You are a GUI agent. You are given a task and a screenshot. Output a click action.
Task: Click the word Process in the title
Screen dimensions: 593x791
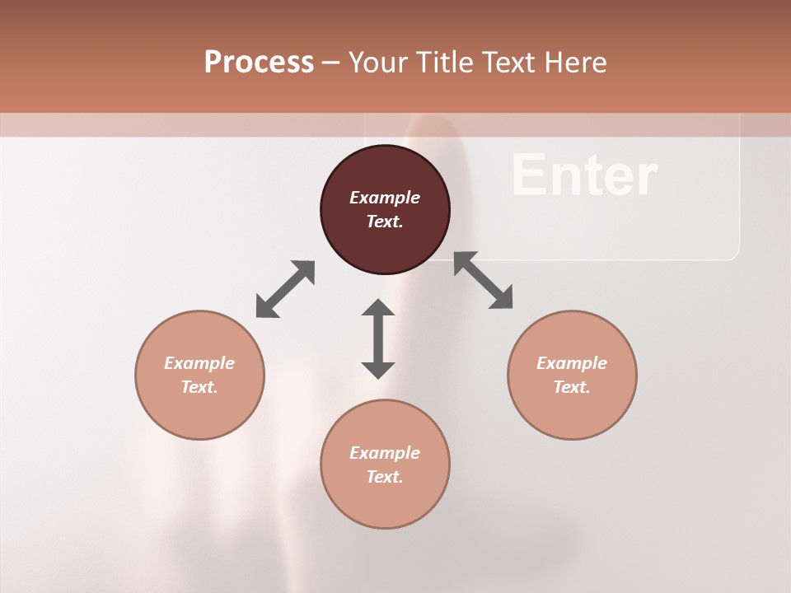[x=259, y=63]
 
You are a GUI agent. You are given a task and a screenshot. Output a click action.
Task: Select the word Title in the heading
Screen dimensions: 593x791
[x=442, y=63]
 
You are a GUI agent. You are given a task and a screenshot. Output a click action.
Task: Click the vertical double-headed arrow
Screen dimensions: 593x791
[x=378, y=339]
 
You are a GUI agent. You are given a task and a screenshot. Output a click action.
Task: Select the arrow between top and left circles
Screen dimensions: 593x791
[x=285, y=289]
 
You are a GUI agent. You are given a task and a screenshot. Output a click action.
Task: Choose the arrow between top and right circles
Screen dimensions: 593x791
[x=484, y=280]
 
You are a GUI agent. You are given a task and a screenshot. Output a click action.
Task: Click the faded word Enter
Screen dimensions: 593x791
[x=584, y=175]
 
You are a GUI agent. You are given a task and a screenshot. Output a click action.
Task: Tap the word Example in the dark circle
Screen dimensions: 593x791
[x=385, y=198]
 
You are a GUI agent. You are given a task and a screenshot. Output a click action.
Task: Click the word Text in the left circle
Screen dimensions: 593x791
[x=199, y=387]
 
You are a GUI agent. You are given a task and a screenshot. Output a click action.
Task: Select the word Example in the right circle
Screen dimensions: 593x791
[x=572, y=363]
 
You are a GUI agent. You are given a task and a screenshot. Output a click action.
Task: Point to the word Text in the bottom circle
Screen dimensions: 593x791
[x=385, y=477]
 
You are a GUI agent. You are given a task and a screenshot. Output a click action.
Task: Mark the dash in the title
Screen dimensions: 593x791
[x=331, y=63]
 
